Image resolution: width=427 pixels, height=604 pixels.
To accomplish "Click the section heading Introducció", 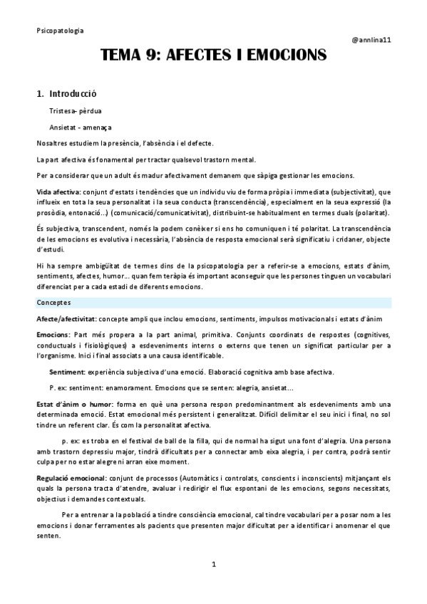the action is [73, 93].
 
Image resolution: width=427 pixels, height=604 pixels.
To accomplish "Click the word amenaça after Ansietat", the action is [96, 127].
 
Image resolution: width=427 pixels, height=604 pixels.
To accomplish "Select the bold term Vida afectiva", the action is [58, 192].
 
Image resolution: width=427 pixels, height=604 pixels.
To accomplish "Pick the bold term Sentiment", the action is [68, 372].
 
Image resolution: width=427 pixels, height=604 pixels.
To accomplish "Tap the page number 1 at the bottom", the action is [214, 565].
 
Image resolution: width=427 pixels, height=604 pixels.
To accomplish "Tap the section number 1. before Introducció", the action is [41, 93].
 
